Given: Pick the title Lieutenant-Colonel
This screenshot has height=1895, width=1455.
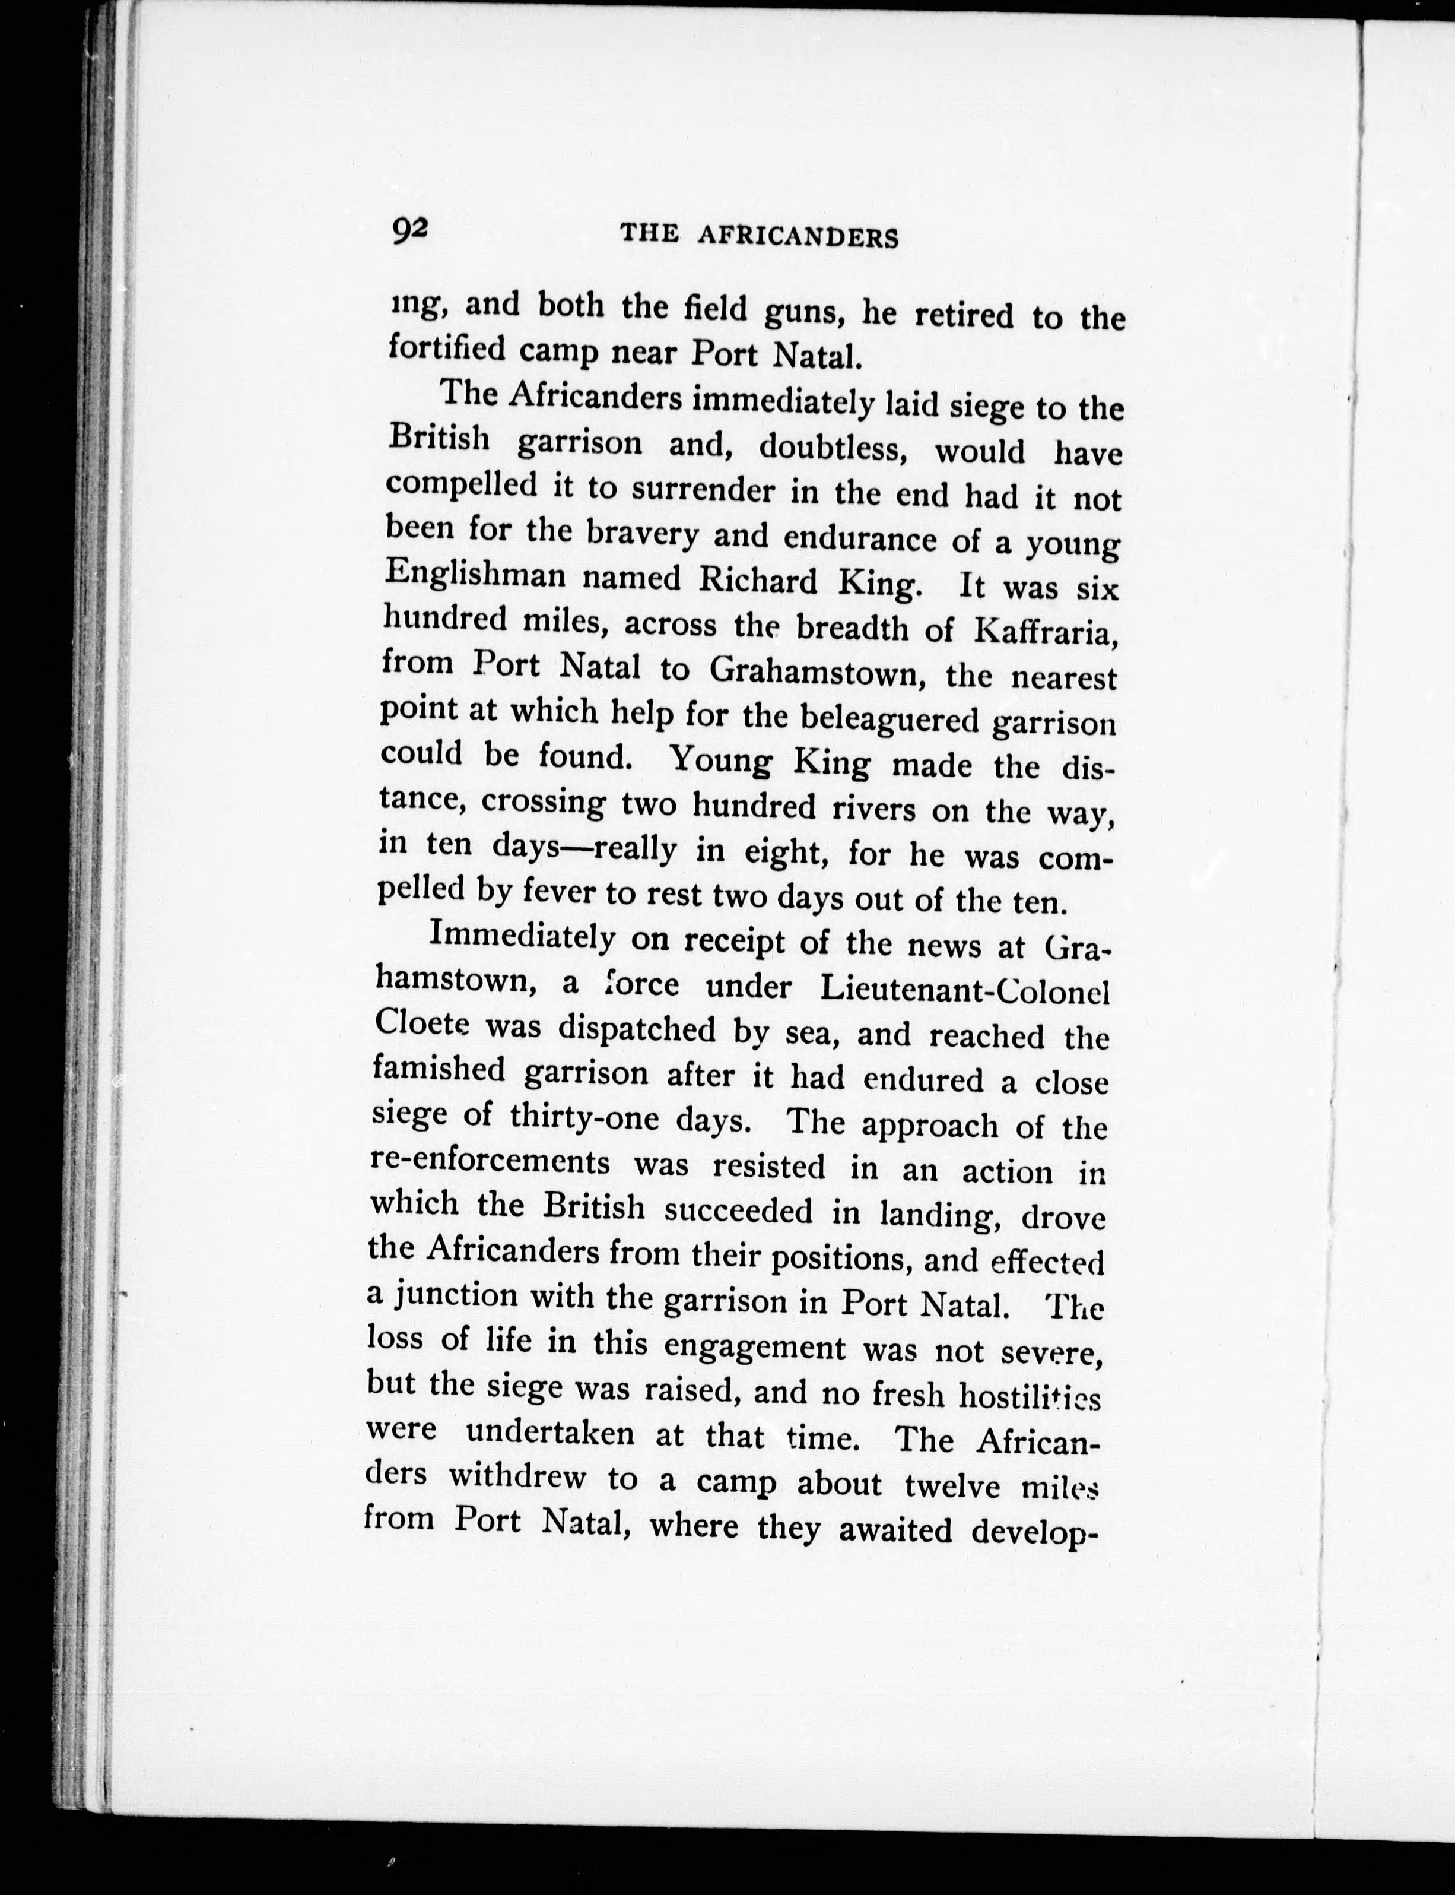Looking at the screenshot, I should pyautogui.click(x=965, y=990).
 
